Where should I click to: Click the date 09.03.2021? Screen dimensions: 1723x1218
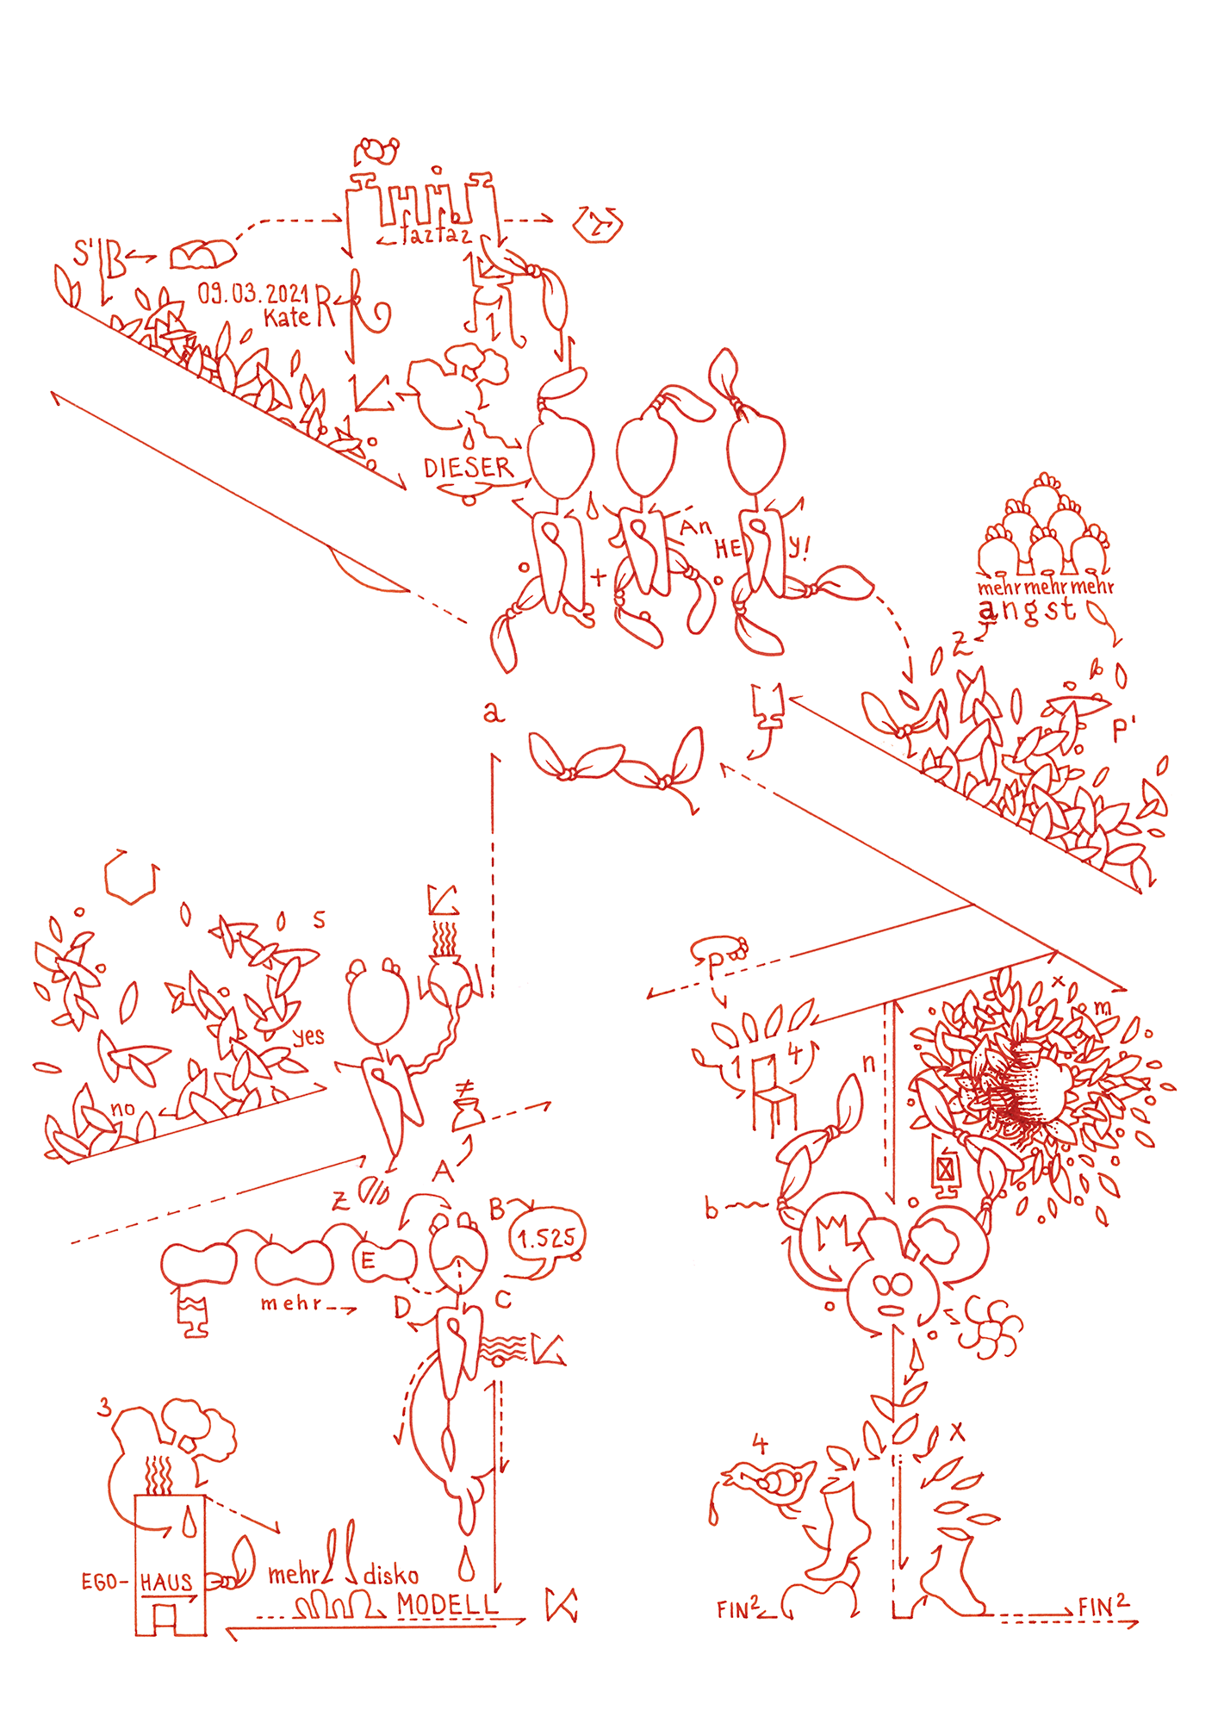(252, 294)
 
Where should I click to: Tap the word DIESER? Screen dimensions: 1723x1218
(468, 468)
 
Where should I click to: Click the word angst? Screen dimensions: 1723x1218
(1027, 610)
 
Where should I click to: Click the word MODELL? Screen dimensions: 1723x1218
(447, 1604)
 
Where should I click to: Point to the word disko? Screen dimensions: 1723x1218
(390, 1576)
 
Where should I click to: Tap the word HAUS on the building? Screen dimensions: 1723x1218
(166, 1582)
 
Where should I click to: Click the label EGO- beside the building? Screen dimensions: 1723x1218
(104, 1582)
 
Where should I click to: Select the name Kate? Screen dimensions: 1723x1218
(287, 318)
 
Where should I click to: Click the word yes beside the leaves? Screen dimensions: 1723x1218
(308, 1036)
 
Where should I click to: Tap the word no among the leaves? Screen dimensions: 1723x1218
(122, 1109)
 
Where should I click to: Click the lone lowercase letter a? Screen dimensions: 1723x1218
(492, 712)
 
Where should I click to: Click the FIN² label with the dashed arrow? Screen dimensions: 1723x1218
(1103, 1607)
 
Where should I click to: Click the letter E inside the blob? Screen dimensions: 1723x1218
(368, 1261)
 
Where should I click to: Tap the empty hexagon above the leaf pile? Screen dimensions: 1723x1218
(131, 877)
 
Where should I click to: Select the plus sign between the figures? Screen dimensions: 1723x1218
(599, 575)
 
